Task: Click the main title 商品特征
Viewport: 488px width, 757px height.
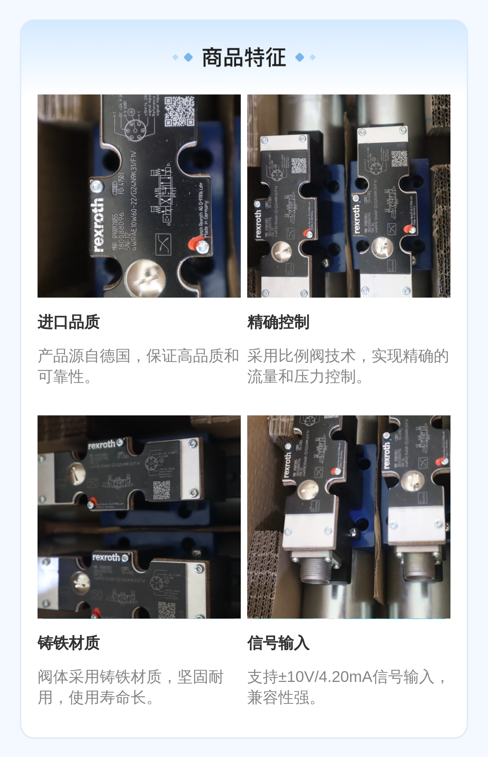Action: (x=244, y=57)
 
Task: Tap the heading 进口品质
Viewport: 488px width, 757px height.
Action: (x=69, y=322)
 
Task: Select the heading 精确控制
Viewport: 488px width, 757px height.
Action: (x=278, y=322)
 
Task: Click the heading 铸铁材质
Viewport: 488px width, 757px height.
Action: (x=69, y=643)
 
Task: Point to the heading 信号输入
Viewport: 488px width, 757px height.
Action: (x=278, y=643)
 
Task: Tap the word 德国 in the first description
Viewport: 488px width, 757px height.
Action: (x=115, y=356)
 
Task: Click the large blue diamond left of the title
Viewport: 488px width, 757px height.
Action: (x=188, y=57)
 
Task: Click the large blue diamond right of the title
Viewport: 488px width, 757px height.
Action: (x=300, y=57)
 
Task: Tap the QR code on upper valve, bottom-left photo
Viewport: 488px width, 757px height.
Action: (x=162, y=489)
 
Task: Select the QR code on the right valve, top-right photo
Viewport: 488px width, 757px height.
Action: (x=399, y=159)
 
